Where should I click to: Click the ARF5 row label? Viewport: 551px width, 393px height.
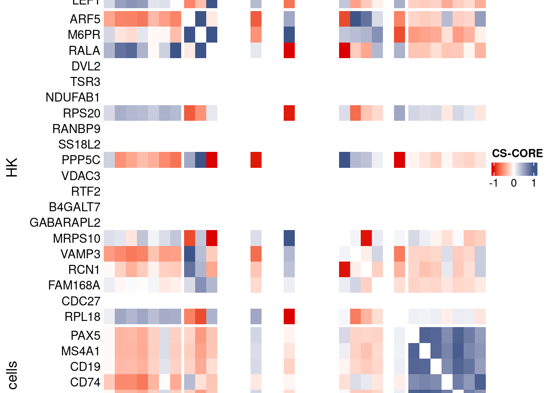pos(85,19)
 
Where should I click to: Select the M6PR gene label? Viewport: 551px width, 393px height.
pos(84,35)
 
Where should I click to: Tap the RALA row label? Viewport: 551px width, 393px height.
pos(84,51)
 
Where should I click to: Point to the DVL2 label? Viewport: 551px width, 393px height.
pos(86,66)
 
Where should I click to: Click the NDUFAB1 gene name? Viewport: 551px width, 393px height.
pos(73,97)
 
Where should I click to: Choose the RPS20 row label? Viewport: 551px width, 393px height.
pos(82,113)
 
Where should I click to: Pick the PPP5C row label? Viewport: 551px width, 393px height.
pos(81,160)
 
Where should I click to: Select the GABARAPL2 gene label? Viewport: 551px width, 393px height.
pos(65,223)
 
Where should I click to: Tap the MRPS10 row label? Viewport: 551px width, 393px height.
pos(77,239)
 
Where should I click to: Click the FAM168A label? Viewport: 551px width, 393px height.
pos(74,285)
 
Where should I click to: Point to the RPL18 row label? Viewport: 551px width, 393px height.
pos(82,317)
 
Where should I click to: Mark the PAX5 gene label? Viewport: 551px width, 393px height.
pos(85,336)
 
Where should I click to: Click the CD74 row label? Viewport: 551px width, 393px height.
pos(85,382)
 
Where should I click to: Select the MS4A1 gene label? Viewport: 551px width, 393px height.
pos(80,351)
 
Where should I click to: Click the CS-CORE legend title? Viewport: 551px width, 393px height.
pos(517,154)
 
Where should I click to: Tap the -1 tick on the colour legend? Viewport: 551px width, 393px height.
pos(494,183)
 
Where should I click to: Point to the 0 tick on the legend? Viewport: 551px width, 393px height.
pos(514,183)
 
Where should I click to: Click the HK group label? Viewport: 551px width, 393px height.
pos(12,167)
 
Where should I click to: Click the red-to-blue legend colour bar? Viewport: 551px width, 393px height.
pos(514,169)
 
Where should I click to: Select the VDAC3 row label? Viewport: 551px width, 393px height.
pos(81,176)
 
